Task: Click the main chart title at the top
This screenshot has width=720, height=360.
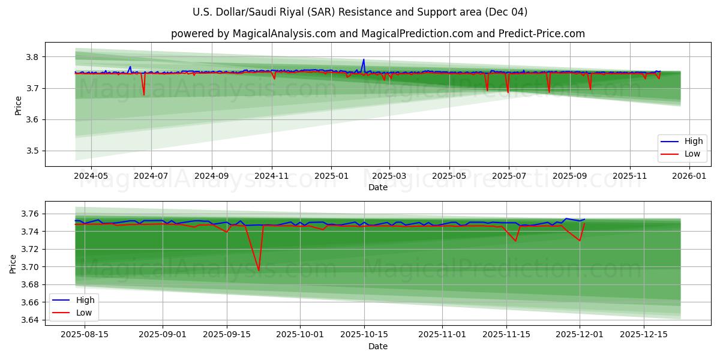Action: pos(360,12)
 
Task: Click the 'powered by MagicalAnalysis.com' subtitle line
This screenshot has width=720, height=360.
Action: pos(377,34)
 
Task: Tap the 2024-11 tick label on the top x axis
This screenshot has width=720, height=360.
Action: pos(272,176)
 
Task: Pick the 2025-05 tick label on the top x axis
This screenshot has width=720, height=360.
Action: pos(449,176)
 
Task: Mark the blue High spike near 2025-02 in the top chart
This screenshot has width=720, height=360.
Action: pos(363,59)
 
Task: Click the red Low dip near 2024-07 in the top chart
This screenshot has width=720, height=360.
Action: pos(143,94)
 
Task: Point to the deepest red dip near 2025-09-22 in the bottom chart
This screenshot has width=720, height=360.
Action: pos(259,270)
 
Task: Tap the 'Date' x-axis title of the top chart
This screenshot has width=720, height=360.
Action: pos(378,187)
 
